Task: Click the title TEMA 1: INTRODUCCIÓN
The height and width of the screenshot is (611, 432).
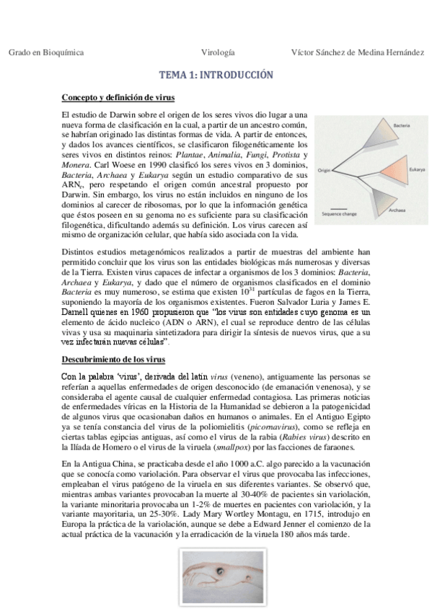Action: point(216,74)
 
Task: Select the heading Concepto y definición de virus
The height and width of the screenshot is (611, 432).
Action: point(117,97)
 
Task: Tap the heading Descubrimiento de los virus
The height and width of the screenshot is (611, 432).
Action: point(113,359)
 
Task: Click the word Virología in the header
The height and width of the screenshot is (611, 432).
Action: point(218,53)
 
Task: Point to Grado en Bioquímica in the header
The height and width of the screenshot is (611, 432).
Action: point(46,53)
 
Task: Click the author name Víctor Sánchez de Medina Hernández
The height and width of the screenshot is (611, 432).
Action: point(356,53)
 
